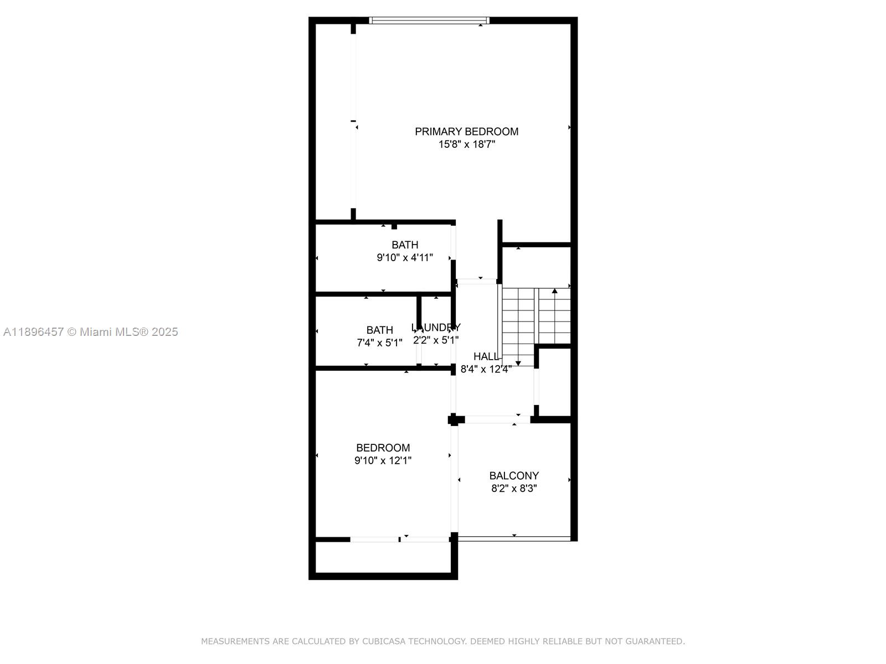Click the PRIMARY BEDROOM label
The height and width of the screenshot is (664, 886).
466,132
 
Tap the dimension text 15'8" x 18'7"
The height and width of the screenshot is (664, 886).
466,144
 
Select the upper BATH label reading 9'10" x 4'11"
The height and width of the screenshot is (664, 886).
405,245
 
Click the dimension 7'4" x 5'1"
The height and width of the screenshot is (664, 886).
379,343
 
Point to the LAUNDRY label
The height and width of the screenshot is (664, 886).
436,328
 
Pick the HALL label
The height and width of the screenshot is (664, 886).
486,357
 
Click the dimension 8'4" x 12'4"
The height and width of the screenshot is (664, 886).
486,370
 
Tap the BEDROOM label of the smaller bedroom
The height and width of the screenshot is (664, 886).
383,448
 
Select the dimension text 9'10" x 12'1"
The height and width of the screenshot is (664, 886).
383,460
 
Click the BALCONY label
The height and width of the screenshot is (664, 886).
514,476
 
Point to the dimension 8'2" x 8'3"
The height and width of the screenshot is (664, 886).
514,489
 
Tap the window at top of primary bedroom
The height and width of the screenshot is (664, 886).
429,21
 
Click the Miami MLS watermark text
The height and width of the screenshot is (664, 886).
90,332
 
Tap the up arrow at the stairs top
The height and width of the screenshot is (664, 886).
554,291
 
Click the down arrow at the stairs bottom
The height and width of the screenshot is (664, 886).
518,364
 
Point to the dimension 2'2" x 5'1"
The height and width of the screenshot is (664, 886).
436,340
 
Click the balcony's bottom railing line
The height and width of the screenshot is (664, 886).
514,538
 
